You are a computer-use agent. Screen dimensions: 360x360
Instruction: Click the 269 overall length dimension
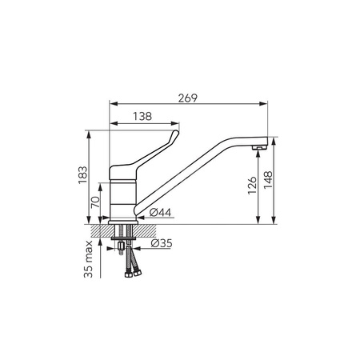[x=188, y=98]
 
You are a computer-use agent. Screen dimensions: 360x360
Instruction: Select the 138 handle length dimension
[x=142, y=116]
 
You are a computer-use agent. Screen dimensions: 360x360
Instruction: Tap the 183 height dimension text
[x=83, y=175]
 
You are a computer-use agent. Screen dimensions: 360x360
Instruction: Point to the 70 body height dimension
[x=95, y=202]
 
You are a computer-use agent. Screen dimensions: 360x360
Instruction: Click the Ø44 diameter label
[x=160, y=212]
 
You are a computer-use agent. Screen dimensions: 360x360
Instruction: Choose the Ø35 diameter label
[x=162, y=243]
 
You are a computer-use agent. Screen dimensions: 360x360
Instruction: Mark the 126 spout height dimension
[x=252, y=186]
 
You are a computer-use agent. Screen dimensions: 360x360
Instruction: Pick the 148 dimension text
[x=268, y=180]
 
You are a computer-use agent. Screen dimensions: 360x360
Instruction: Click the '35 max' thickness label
[x=88, y=259]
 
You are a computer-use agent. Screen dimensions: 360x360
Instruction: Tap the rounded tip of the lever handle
[x=175, y=132]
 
